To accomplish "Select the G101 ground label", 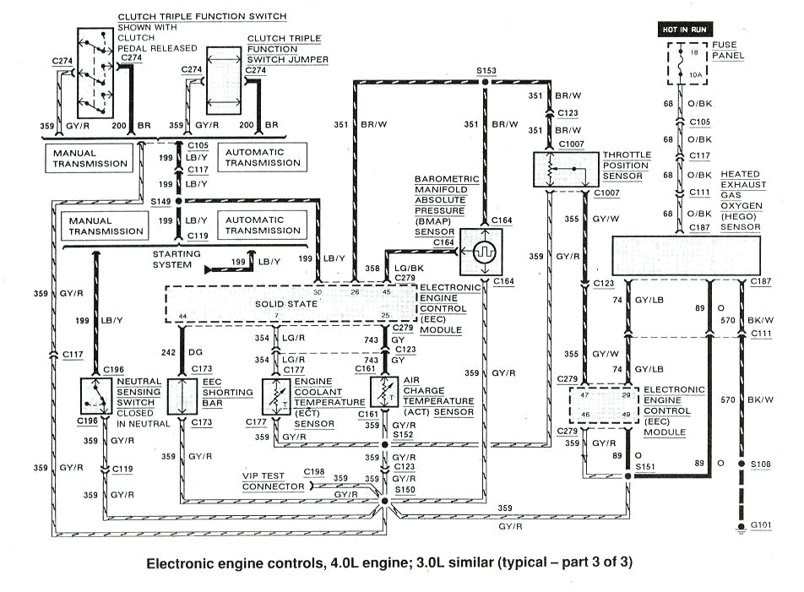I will pos(762,524).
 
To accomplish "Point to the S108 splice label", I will pos(762,464).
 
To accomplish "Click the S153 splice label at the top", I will pos(486,71).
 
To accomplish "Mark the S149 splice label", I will pos(160,202).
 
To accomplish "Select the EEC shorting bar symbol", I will pos(182,395).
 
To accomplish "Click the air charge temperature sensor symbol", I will pos(385,394).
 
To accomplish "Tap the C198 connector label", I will pos(314,471).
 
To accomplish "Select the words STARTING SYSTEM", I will pos(177,258).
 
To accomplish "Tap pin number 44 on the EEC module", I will pos(182,316).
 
